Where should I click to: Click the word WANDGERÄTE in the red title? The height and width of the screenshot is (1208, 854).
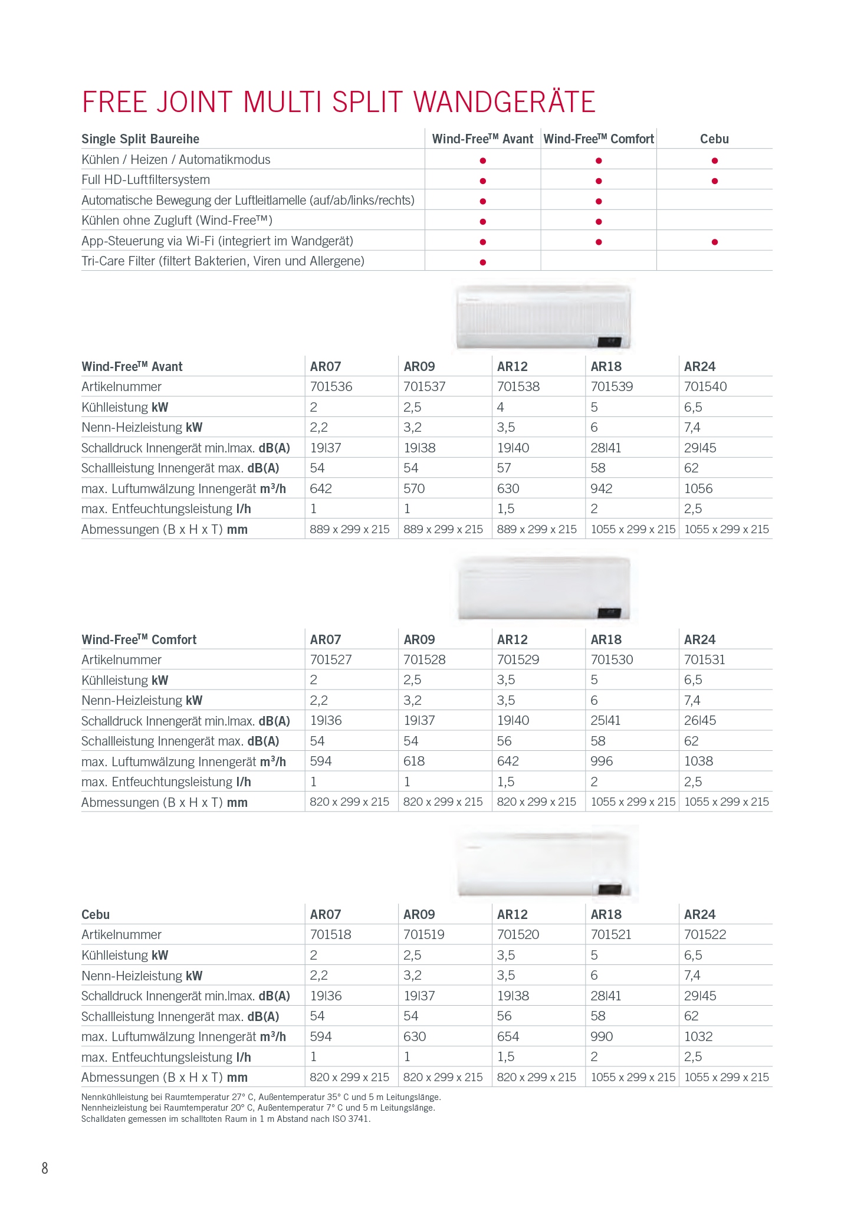point(504,102)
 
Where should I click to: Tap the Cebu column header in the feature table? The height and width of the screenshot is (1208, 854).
point(714,139)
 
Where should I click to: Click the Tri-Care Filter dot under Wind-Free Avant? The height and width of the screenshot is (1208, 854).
point(482,262)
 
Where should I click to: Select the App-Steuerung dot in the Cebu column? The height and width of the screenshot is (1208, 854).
point(714,242)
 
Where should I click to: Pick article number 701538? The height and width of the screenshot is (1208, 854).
point(518,387)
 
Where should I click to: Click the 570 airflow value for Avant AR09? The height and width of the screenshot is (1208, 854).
point(414,488)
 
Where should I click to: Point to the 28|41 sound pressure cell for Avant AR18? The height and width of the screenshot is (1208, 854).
point(606,448)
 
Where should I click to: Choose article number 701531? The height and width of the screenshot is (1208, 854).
point(705,659)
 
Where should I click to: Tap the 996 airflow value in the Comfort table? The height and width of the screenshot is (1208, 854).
point(602,761)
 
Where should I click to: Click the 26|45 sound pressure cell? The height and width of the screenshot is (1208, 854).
point(700,720)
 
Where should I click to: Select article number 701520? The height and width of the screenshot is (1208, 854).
point(518,934)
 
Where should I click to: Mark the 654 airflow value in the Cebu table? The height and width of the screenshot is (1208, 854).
point(508,1036)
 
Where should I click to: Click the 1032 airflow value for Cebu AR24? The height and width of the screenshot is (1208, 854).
point(698,1036)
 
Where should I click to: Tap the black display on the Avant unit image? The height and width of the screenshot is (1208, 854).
point(609,341)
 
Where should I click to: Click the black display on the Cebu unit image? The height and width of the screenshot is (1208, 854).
point(609,888)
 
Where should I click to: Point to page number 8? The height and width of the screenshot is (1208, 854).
point(45,1168)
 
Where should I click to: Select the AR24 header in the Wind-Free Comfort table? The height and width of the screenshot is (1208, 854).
point(699,639)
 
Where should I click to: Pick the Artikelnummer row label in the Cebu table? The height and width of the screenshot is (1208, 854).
point(121,934)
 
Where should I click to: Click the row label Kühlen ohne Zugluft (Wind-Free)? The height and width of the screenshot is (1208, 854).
point(177,221)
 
